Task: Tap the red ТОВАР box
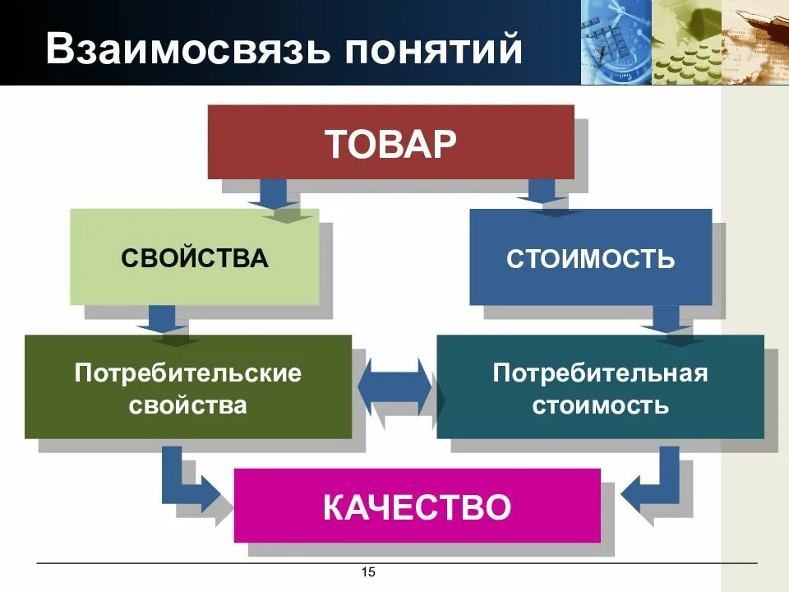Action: pos(390,142)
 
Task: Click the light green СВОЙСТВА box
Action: pos(195,257)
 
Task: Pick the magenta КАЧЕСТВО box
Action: pos(417,506)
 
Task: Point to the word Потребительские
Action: pos(188,373)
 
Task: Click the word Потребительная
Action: pos(600,373)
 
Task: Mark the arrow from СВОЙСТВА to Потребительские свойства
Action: pos(162,320)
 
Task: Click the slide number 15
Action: pos(368,572)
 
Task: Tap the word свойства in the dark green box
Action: pos(188,405)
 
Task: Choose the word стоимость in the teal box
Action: pos(600,405)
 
